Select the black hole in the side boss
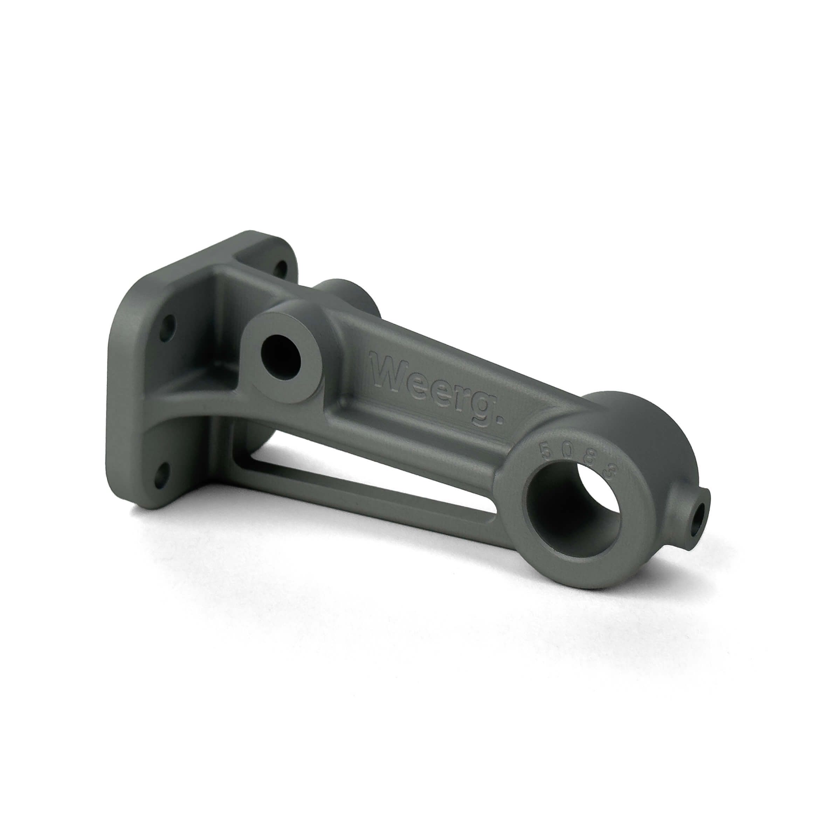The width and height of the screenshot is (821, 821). tap(281, 351)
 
